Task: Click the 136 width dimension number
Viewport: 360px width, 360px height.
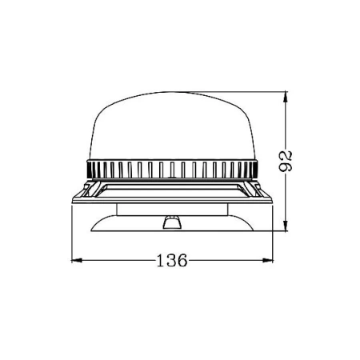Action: (x=171, y=260)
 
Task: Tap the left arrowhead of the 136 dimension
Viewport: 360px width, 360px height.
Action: (x=74, y=260)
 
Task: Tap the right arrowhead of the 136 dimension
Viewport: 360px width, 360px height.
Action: (x=269, y=260)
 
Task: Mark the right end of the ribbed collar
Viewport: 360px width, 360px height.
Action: (x=259, y=169)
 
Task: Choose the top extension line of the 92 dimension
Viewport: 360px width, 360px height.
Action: (x=240, y=94)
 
